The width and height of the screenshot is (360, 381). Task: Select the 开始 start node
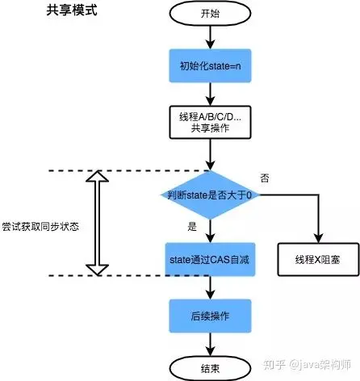click(209, 15)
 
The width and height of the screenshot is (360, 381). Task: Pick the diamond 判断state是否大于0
click(209, 195)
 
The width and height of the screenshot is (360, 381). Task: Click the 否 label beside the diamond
click(266, 176)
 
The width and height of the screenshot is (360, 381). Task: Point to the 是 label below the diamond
click(191, 227)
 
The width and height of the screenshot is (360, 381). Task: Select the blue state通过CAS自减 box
click(209, 257)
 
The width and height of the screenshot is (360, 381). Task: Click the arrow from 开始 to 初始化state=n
click(209, 36)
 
